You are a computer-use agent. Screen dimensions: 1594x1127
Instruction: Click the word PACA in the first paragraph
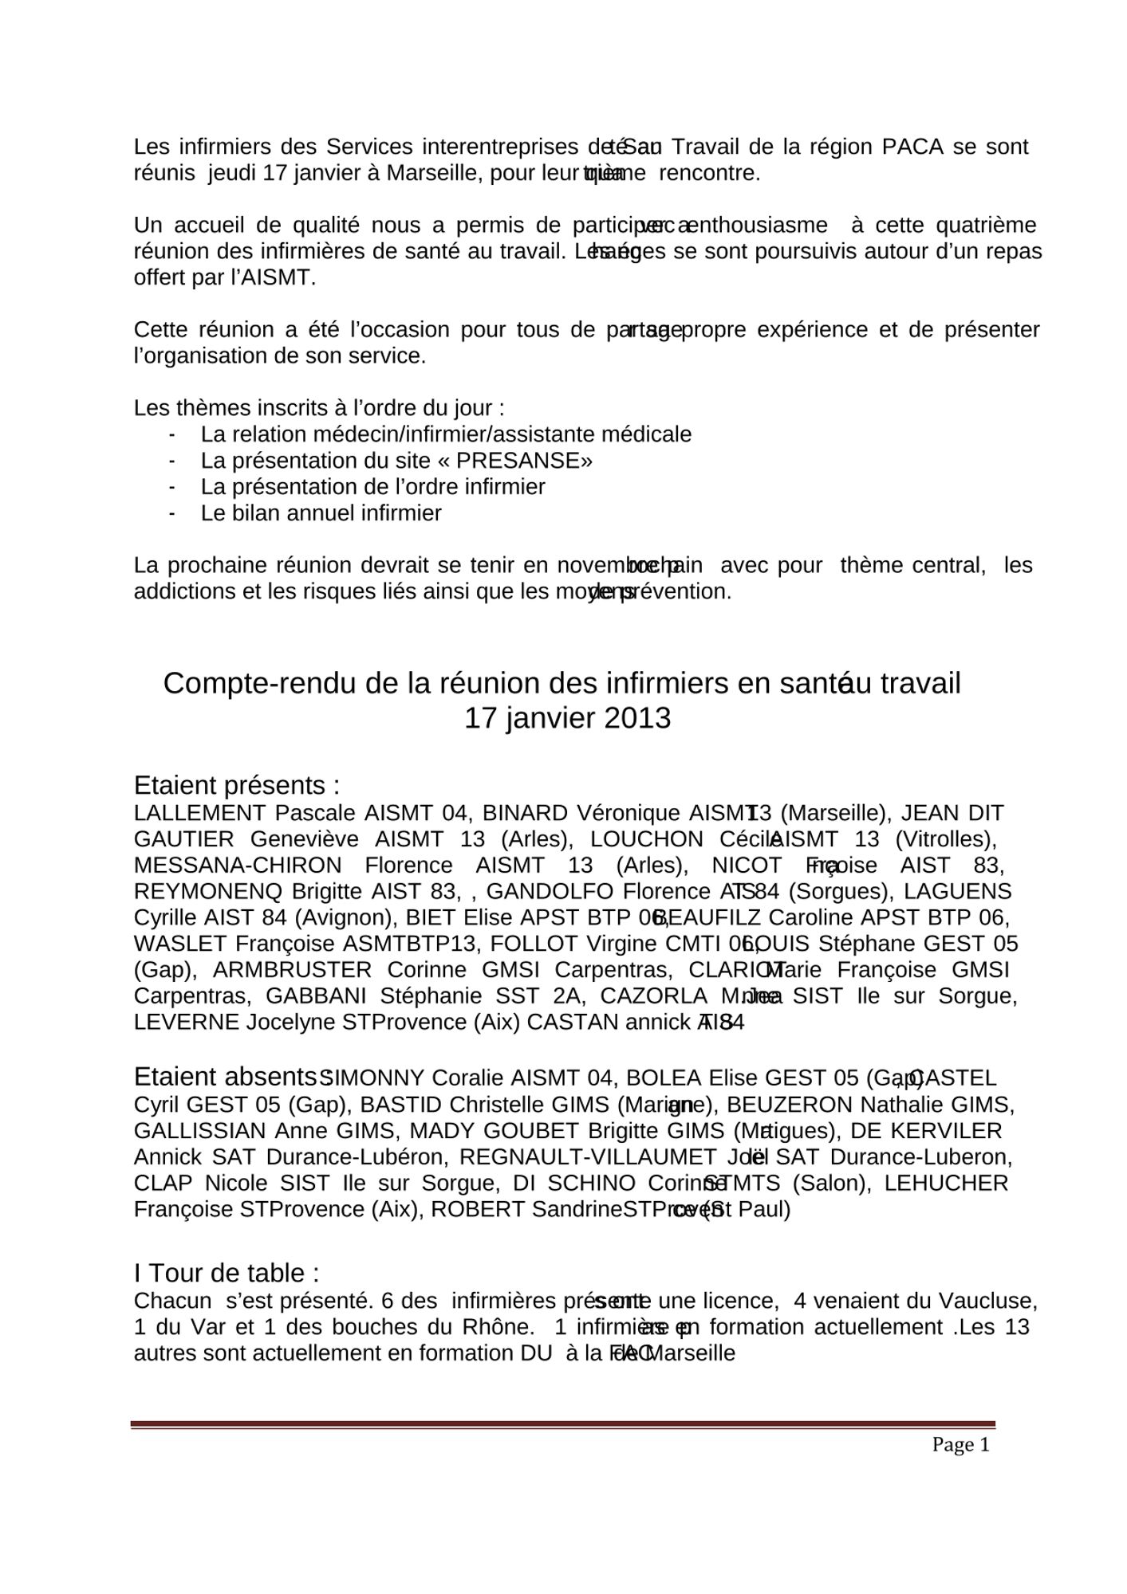click(x=912, y=147)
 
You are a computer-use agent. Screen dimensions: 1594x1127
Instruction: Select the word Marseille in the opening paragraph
click(x=430, y=173)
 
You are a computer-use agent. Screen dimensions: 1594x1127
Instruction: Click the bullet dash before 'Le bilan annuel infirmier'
click(x=171, y=513)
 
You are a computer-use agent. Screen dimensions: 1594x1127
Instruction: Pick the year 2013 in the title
click(x=637, y=718)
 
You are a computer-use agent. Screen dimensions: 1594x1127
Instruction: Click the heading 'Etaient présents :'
click(x=237, y=785)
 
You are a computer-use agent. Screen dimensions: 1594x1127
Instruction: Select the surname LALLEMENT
click(x=199, y=813)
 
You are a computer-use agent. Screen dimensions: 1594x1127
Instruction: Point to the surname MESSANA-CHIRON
click(x=238, y=866)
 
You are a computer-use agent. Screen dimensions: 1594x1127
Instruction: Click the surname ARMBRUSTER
click(x=292, y=970)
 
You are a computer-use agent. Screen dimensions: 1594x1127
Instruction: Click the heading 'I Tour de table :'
click(x=227, y=1273)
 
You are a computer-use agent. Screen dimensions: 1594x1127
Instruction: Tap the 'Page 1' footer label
click(x=960, y=1444)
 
